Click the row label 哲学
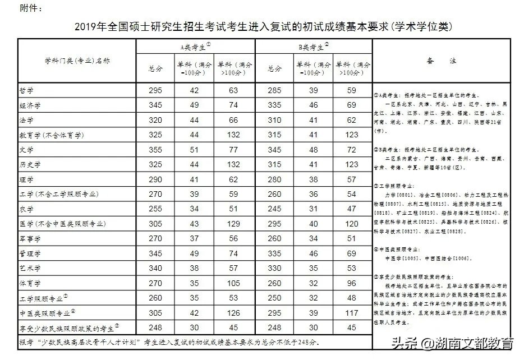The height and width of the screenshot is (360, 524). [27, 90]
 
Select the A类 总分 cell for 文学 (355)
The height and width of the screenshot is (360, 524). [155, 150]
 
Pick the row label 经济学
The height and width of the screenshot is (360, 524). [30, 105]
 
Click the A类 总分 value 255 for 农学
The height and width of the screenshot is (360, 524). [155, 209]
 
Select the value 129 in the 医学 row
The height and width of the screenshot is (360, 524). [233, 224]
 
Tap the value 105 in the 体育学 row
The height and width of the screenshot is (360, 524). [233, 283]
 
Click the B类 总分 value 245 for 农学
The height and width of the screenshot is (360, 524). [275, 209]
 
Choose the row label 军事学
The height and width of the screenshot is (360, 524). [30, 239]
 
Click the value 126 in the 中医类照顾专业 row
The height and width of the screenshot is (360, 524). [233, 313]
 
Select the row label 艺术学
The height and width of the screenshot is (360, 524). [30, 269]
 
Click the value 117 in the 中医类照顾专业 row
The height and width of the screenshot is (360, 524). [352, 313]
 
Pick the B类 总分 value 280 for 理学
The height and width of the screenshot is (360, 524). [275, 179]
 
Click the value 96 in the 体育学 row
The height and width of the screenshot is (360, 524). [352, 283]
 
